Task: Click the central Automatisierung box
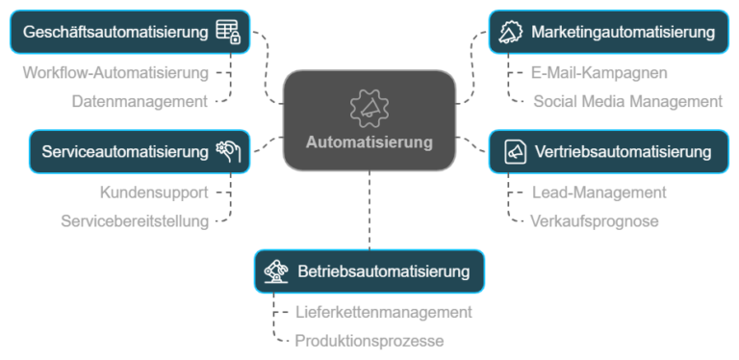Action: click(369, 120)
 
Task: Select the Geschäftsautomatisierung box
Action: click(130, 32)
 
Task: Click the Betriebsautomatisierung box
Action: click(369, 270)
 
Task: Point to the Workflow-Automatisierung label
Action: click(115, 72)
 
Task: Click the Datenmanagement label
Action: click(140, 100)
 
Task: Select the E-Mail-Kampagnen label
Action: click(599, 72)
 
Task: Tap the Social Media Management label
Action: click(626, 100)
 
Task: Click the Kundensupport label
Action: click(154, 192)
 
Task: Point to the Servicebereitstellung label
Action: click(134, 220)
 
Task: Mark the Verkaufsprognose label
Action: click(594, 220)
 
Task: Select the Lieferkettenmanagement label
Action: click(383, 312)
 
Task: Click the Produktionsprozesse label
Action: click(369, 340)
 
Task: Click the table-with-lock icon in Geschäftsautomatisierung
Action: click(228, 32)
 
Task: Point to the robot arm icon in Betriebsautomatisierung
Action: click(276, 270)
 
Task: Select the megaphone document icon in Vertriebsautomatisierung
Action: click(514, 151)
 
